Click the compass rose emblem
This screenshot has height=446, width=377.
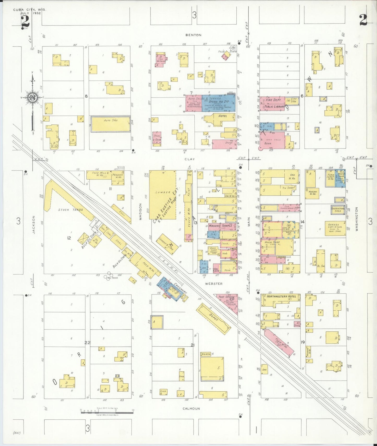pyautogui.click(x=33, y=98)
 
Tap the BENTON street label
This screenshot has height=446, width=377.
pyautogui.click(x=193, y=35)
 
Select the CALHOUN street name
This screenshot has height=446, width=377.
pyautogui.click(x=191, y=408)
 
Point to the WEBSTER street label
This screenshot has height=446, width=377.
pyautogui.click(x=214, y=284)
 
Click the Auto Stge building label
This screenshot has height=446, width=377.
pyautogui.click(x=111, y=120)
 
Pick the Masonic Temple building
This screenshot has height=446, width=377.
pyautogui.click(x=220, y=226)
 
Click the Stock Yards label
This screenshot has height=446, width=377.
pyautogui.click(x=70, y=210)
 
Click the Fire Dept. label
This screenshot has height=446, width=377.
pyautogui.click(x=273, y=100)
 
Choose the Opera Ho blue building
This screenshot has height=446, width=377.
pyautogui.click(x=219, y=104)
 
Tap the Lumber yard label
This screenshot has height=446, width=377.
pyautogui.click(x=163, y=192)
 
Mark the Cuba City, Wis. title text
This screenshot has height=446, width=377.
pyautogui.click(x=29, y=10)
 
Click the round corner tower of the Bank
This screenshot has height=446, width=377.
pyautogui.click(x=260, y=148)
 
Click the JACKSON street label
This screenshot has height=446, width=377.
pyautogui.click(x=34, y=224)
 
